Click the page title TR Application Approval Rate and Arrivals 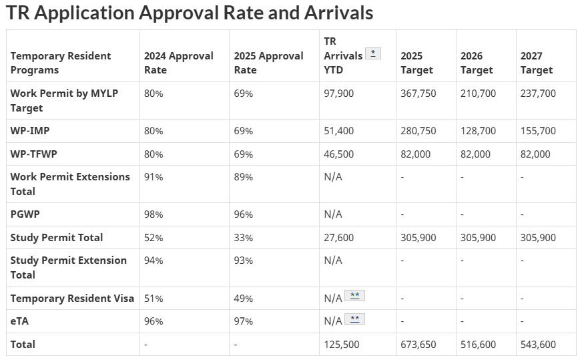190,13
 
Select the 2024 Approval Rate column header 178,63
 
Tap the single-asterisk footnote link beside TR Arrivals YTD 373,53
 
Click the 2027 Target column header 537,63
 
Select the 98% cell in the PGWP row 154,214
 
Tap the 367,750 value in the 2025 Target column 418,94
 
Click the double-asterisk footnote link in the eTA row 354,319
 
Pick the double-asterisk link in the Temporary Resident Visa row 354,296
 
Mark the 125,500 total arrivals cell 341,345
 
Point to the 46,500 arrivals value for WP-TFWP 339,154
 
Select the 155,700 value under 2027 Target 538,131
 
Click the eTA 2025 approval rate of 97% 243,321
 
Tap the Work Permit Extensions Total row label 70,184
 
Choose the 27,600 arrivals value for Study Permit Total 339,238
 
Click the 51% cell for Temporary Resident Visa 154,299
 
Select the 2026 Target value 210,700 478,94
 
